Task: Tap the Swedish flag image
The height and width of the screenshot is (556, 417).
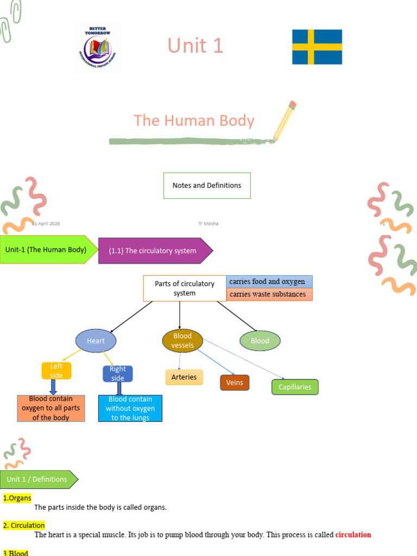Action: pyautogui.click(x=317, y=47)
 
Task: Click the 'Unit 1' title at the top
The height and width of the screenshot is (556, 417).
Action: pyautogui.click(x=195, y=46)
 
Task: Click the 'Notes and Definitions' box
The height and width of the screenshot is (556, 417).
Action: pyautogui.click(x=207, y=186)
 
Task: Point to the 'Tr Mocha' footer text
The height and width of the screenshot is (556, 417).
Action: pyautogui.click(x=208, y=224)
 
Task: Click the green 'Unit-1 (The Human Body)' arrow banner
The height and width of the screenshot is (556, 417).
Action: pyautogui.click(x=47, y=250)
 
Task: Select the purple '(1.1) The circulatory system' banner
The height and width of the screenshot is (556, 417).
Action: pyautogui.click(x=154, y=251)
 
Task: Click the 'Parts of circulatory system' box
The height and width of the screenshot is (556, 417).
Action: pyautogui.click(x=185, y=288)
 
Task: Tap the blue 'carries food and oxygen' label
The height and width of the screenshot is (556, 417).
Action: pyautogui.click(x=269, y=282)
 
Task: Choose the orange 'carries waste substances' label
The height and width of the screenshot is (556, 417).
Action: pyautogui.click(x=269, y=295)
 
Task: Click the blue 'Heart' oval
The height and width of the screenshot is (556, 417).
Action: pyautogui.click(x=96, y=341)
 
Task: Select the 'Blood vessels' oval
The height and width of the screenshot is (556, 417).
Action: pyautogui.click(x=182, y=340)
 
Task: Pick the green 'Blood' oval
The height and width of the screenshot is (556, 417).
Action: pyautogui.click(x=260, y=341)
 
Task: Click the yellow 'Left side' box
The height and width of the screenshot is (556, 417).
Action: pyautogui.click(x=56, y=371)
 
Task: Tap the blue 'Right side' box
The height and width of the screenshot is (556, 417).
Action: pyautogui.click(x=118, y=374)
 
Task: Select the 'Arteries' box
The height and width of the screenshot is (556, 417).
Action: pyautogui.click(x=184, y=377)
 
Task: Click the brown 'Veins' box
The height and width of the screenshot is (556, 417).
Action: pyautogui.click(x=235, y=383)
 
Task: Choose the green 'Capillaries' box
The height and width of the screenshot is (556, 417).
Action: pyautogui.click(x=295, y=387)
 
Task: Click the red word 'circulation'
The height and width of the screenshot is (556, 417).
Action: pyautogui.click(x=353, y=535)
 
